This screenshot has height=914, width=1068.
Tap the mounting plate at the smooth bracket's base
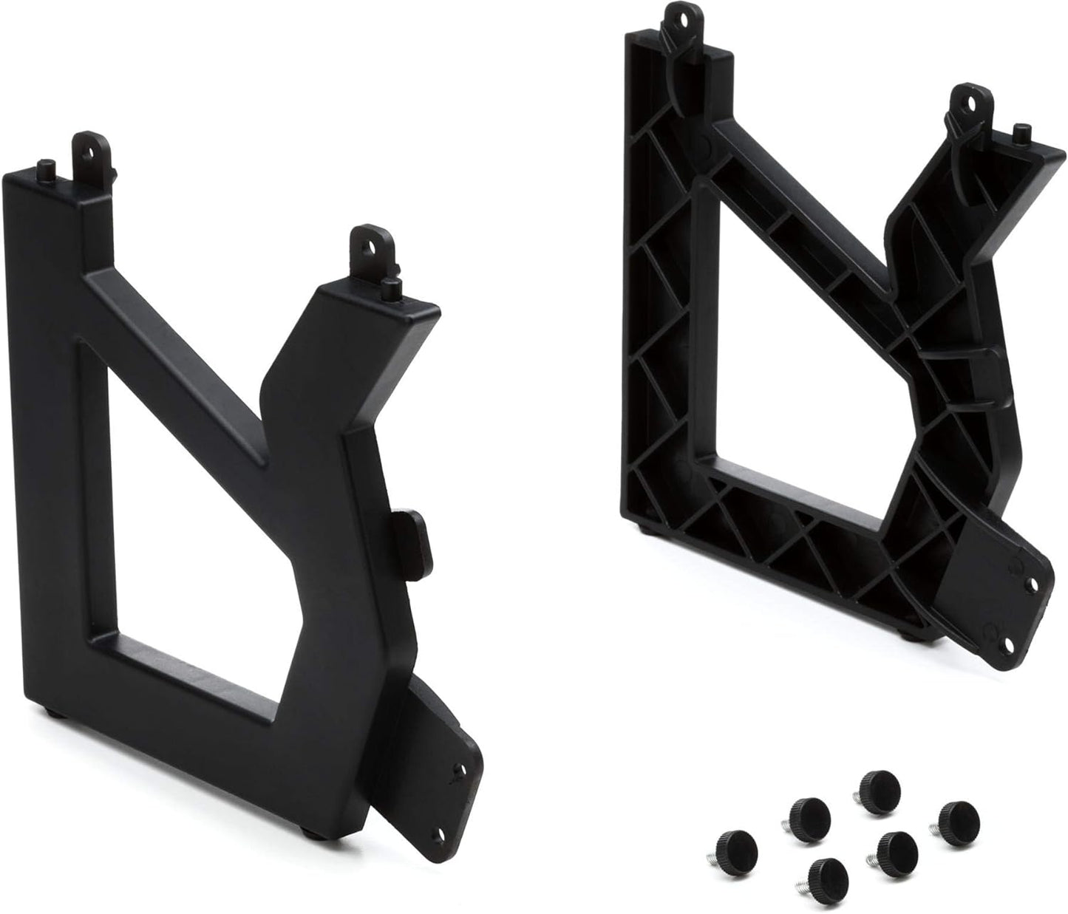pyautogui.click(x=436, y=768)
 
